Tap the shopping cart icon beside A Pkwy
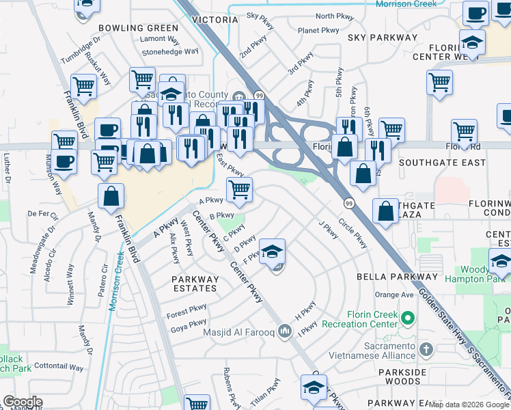(x=239, y=191)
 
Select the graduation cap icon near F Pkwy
(x=272, y=254)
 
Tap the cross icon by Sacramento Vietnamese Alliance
(x=426, y=350)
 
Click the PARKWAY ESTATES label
(x=195, y=284)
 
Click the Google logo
(x=23, y=402)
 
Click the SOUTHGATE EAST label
(x=443, y=163)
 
